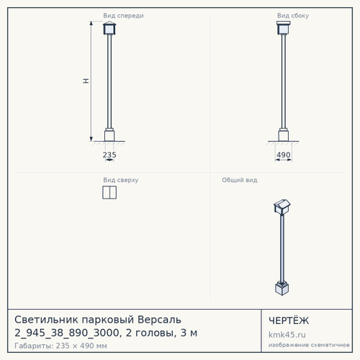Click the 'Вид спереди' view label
(123, 16)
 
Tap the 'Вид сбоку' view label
(293, 16)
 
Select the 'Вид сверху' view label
(121, 180)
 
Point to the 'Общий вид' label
(240, 180)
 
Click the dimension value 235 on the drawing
(109, 155)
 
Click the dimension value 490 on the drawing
(284, 155)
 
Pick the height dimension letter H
(86, 81)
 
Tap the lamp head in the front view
(109, 28)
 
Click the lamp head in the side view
(284, 28)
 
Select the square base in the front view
(109, 135)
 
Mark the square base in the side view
(284, 135)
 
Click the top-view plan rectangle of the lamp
(109, 192)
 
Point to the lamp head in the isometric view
(282, 207)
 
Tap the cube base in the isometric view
(282, 288)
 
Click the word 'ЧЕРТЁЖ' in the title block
(289, 320)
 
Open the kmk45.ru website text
(287, 335)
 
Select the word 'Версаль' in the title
(159, 320)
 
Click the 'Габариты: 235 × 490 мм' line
(60, 346)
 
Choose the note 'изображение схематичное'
(309, 345)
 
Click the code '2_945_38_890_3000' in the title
(67, 333)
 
